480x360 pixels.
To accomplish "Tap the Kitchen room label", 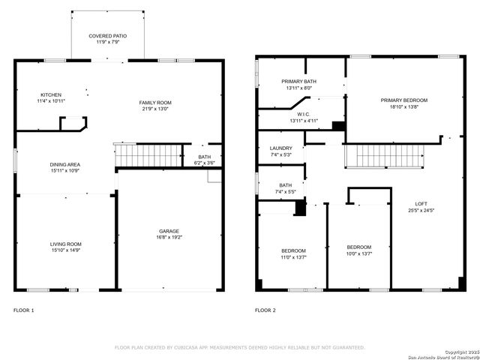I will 51,94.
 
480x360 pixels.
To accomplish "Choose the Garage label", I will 168,231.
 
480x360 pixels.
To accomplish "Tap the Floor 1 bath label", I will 204,156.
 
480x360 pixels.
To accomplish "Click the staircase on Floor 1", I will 147,155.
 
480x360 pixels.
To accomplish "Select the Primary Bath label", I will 298,81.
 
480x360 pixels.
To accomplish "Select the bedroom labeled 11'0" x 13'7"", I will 293,250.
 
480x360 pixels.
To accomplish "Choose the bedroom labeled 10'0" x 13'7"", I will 358,247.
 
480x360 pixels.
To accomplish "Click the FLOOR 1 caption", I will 24,310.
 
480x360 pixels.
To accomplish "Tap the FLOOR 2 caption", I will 265,310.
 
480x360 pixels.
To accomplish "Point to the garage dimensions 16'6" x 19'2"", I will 168,238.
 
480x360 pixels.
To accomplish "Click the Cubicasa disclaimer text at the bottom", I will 239,347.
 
